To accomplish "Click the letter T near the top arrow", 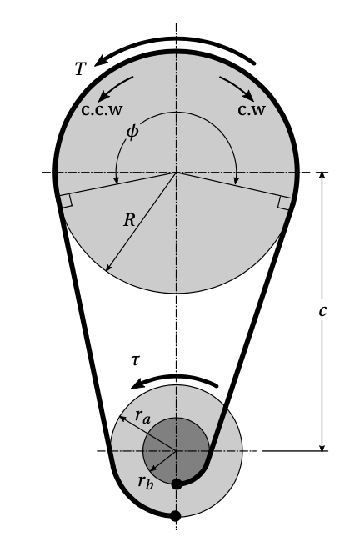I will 80,69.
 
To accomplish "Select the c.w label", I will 251,109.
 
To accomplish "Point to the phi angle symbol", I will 132,131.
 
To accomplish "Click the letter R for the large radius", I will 129,220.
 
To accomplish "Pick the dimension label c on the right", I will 322,310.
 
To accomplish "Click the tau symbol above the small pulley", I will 135,360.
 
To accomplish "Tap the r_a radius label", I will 142,418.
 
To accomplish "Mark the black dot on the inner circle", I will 177,484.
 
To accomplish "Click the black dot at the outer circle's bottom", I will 175,515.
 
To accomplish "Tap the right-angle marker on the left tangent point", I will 65,200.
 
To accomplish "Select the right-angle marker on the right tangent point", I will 284,202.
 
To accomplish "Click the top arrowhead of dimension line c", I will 322,176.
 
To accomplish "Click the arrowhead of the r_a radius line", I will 122,414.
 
